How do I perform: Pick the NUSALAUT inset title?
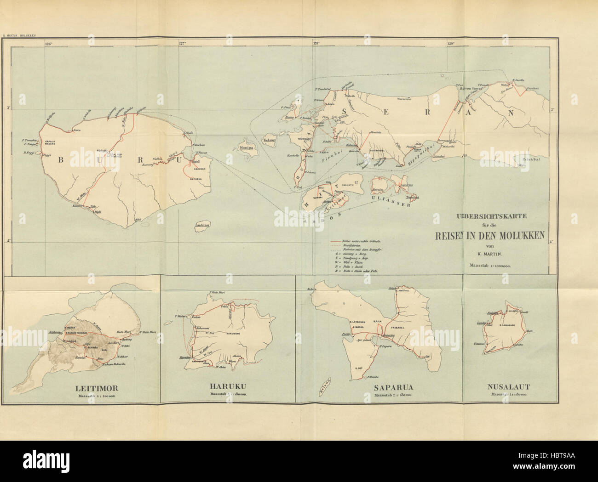pos(509,388)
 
